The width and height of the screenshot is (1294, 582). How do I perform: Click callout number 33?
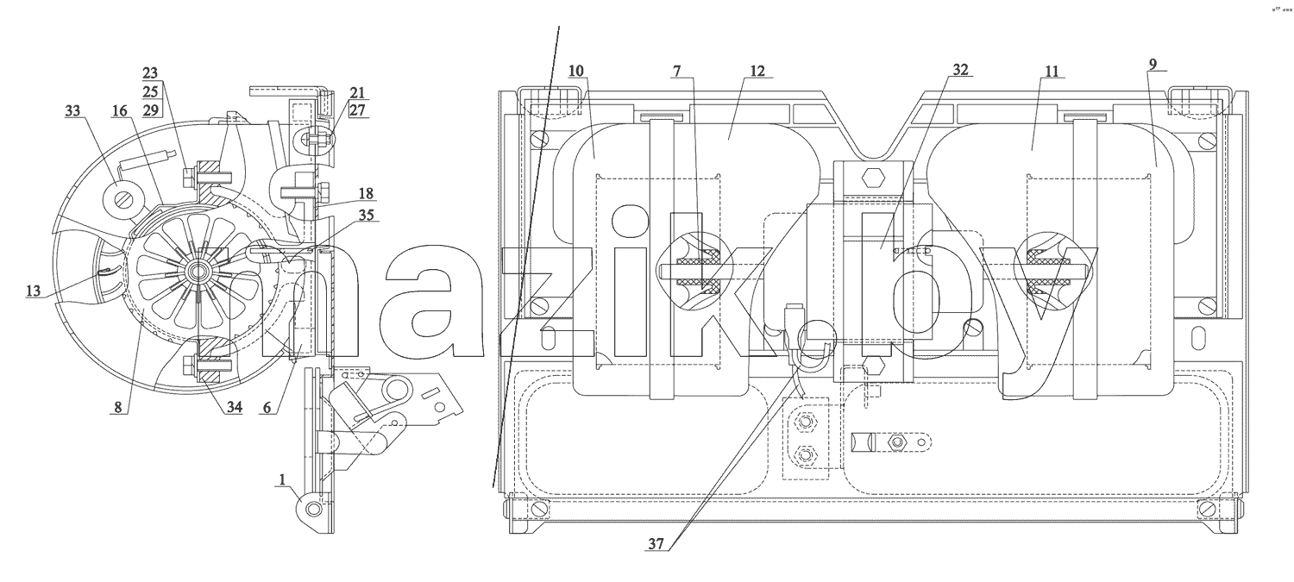pyautogui.click(x=72, y=110)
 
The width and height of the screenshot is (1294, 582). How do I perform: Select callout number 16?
pyautogui.click(x=120, y=110)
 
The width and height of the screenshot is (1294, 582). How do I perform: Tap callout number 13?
pyautogui.click(x=34, y=291)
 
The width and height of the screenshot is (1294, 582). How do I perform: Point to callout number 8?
pyautogui.click(x=118, y=407)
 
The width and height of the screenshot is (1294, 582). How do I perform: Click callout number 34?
pyautogui.click(x=234, y=407)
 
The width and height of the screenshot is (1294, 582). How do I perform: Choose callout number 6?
pyautogui.click(x=267, y=407)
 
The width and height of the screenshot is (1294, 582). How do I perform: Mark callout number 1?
pyautogui.click(x=282, y=479)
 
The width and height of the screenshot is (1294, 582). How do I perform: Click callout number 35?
pyautogui.click(x=367, y=215)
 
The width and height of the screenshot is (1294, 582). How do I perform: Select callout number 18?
pyautogui.click(x=366, y=193)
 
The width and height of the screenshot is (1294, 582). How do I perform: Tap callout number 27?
pyautogui.click(x=358, y=110)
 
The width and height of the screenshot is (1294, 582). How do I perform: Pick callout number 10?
pyautogui.click(x=576, y=71)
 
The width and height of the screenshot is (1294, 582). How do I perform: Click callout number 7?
pyautogui.click(x=676, y=71)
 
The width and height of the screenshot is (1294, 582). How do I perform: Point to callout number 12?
pyautogui.click(x=757, y=71)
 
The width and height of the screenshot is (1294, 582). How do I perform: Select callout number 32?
pyautogui.click(x=960, y=69)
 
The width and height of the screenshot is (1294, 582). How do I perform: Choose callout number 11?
pyautogui.click(x=1052, y=71)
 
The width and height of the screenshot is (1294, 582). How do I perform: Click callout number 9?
pyautogui.click(x=1153, y=64)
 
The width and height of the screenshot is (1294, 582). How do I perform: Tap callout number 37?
pyautogui.click(x=656, y=543)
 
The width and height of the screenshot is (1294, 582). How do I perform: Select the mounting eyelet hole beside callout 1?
pyautogui.click(x=314, y=510)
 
